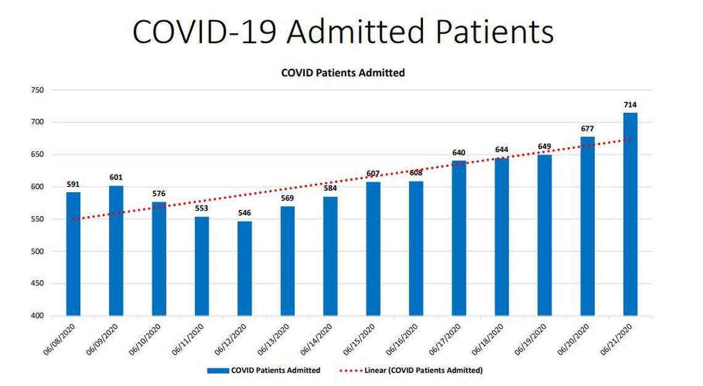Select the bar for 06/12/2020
(x=244, y=268)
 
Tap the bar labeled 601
(x=116, y=251)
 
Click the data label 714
(x=630, y=105)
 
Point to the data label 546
(x=244, y=213)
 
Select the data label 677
(x=587, y=129)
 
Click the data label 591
(x=73, y=184)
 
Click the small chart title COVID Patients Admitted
(x=343, y=73)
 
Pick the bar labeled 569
(x=287, y=261)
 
